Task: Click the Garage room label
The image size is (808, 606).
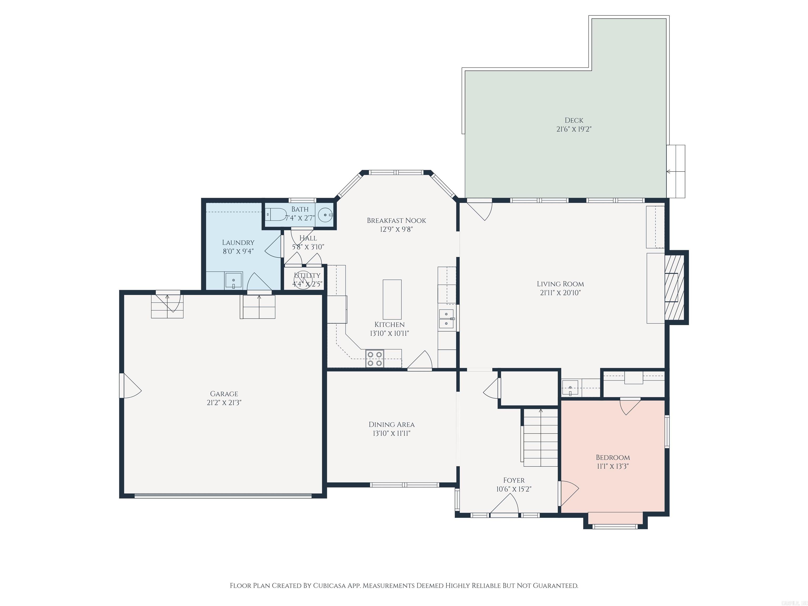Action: [224, 394]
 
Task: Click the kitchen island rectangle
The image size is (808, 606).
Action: [392, 300]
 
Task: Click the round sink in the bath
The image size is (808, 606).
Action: [325, 215]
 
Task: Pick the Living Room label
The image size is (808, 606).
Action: [560, 284]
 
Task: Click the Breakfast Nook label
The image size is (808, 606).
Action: [396, 221]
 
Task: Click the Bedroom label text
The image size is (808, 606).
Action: [613, 457]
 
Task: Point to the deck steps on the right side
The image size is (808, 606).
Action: [676, 172]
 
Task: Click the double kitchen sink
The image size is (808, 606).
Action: [446, 319]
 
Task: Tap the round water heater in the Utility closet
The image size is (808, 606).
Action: [303, 281]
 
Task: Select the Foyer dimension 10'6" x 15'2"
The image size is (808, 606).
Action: [514, 489]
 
